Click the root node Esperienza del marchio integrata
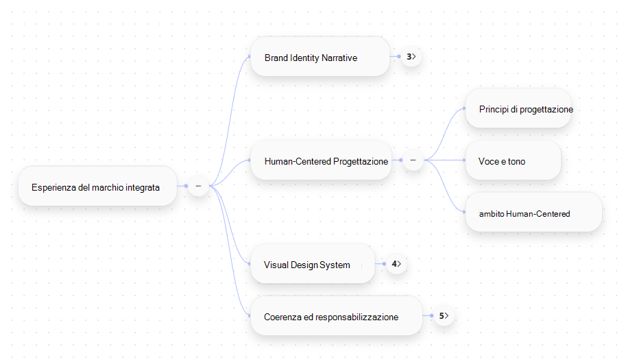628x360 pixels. pos(97,187)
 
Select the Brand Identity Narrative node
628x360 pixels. pos(320,56)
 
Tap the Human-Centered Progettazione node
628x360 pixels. pos(322,160)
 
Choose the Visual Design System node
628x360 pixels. pos(313,264)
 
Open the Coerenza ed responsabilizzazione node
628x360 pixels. pos(337,316)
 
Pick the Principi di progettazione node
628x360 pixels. pos(518,108)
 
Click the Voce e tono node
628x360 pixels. pos(513,160)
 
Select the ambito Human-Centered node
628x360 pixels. pos(533,213)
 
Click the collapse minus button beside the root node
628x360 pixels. pos(198,187)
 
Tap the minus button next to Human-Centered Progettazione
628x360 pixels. pos(413,160)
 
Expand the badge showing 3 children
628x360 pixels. pos(411,57)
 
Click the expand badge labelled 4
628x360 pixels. pos(396,264)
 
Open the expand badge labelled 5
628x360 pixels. pos(444,316)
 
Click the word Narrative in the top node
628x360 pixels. pos(339,58)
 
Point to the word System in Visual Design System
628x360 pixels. pos(335,265)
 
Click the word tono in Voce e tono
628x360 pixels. pos(517,161)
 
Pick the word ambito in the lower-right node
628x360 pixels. pos(492,214)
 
